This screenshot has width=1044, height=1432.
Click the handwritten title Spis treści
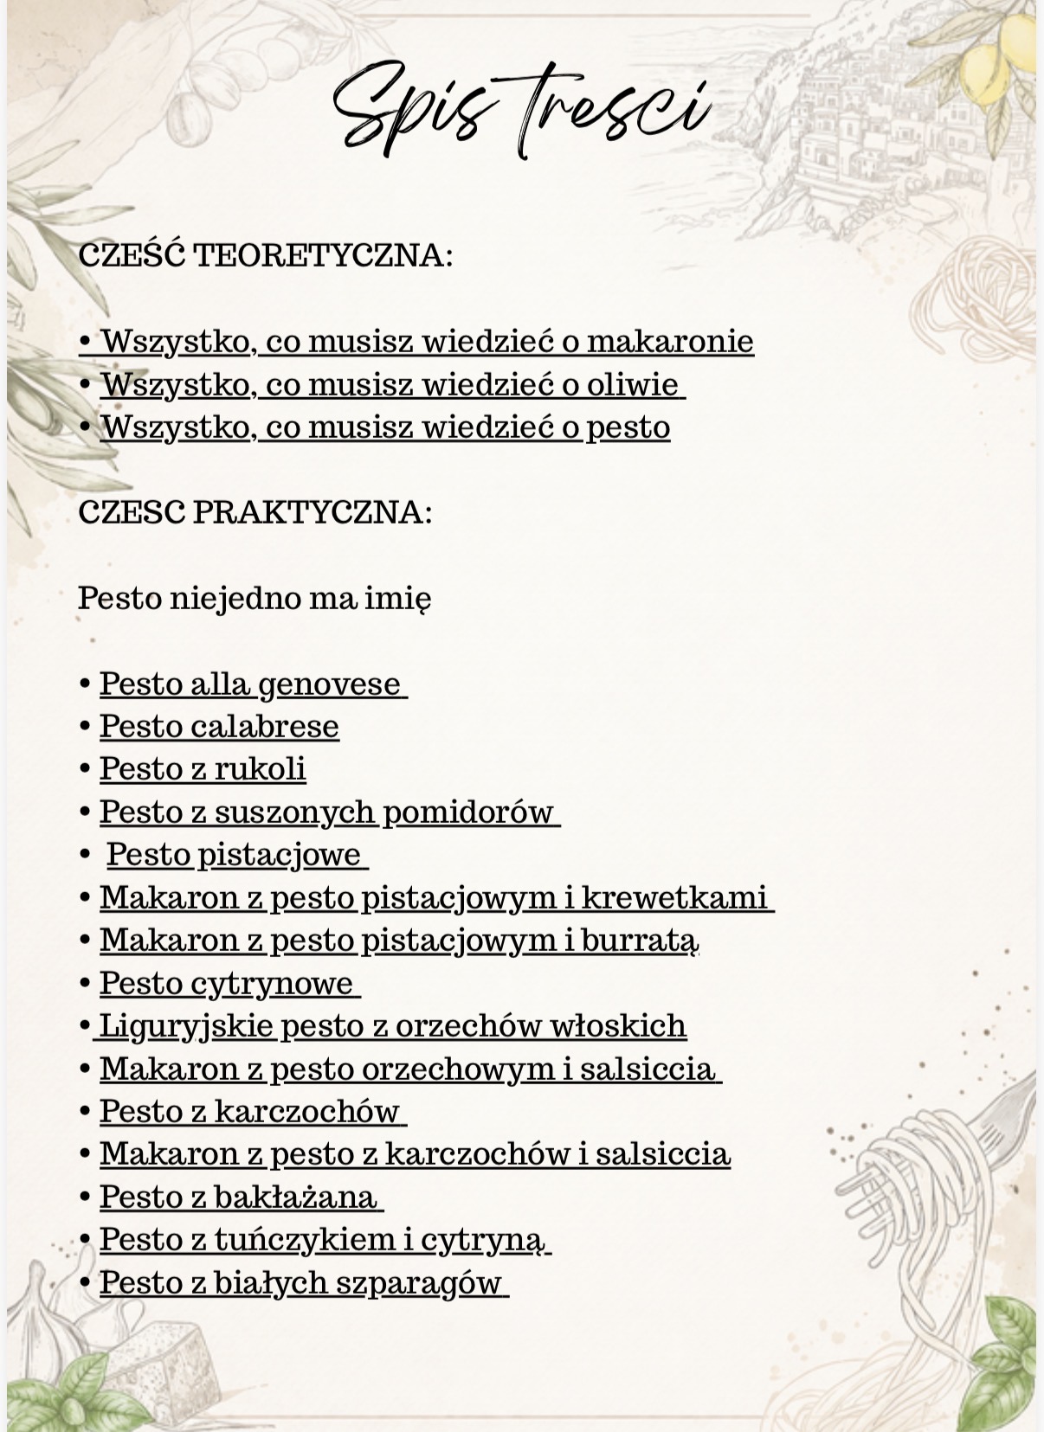(522, 108)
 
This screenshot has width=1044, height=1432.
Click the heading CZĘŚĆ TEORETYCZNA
(265, 256)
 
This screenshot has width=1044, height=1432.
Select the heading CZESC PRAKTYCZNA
(255, 512)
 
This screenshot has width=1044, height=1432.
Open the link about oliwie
(391, 384)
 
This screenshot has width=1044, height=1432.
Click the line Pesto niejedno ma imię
(255, 598)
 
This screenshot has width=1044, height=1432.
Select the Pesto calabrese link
(219, 727)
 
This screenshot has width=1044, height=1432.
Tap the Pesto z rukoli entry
(203, 769)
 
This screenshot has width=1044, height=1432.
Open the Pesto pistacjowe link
(234, 855)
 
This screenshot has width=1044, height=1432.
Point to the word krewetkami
(674, 897)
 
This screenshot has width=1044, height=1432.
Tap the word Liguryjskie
(186, 1026)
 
